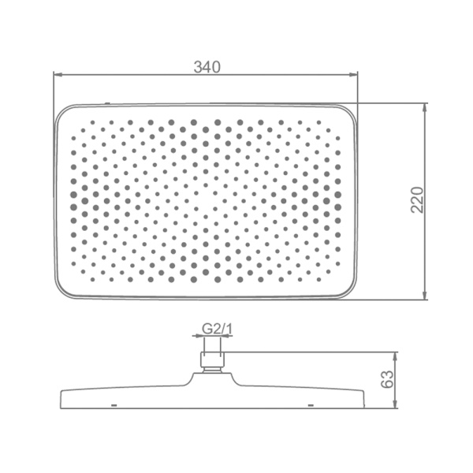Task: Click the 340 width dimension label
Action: point(207,67)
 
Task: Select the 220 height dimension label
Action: point(418,200)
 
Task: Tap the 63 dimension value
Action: point(387,379)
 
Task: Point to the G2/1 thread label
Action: point(218,329)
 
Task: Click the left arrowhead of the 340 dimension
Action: point(58,73)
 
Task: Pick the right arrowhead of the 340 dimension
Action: point(353,73)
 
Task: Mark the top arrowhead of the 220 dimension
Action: point(425,108)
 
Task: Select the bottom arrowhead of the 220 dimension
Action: point(425,296)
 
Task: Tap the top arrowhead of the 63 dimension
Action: point(396,356)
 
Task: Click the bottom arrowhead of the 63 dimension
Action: point(396,404)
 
